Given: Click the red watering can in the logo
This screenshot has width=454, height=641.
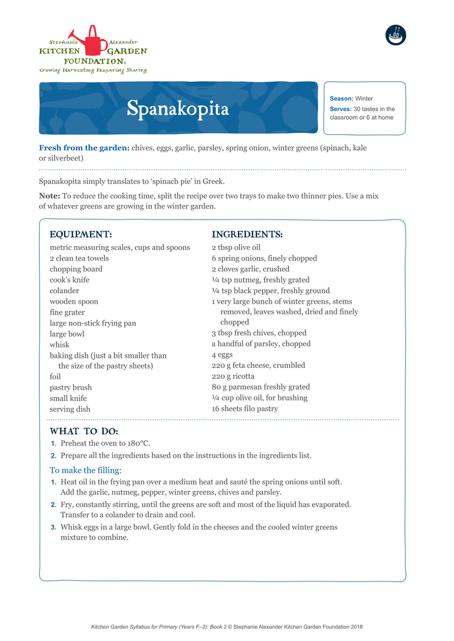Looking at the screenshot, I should click(93, 41).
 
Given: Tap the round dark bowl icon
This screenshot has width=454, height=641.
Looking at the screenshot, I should click(396, 35).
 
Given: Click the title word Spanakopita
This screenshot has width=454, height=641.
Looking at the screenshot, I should click(178, 108).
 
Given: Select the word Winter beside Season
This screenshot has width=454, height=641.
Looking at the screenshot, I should click(364, 99).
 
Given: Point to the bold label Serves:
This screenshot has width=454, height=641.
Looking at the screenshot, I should click(341, 109).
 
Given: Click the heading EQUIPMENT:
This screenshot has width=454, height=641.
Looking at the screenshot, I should click(81, 234).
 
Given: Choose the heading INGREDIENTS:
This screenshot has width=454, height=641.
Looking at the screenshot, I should click(247, 234).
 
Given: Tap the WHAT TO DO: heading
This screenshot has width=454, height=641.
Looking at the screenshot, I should click(84, 431).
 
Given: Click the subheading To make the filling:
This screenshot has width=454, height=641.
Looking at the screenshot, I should click(86, 471).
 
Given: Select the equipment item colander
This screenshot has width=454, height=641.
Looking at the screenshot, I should click(64, 291).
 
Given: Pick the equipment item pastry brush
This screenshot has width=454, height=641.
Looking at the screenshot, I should click(71, 387).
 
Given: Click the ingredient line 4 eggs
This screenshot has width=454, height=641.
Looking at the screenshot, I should click(222, 355).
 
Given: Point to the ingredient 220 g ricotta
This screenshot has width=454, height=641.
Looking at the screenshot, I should click(233, 376).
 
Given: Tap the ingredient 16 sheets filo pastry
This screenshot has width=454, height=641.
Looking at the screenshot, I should click(244, 409).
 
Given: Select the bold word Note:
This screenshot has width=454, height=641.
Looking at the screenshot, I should click(50, 196).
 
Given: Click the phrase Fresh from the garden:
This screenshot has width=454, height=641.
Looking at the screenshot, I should click(84, 148).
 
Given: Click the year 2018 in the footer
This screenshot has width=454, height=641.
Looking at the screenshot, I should click(356, 627).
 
